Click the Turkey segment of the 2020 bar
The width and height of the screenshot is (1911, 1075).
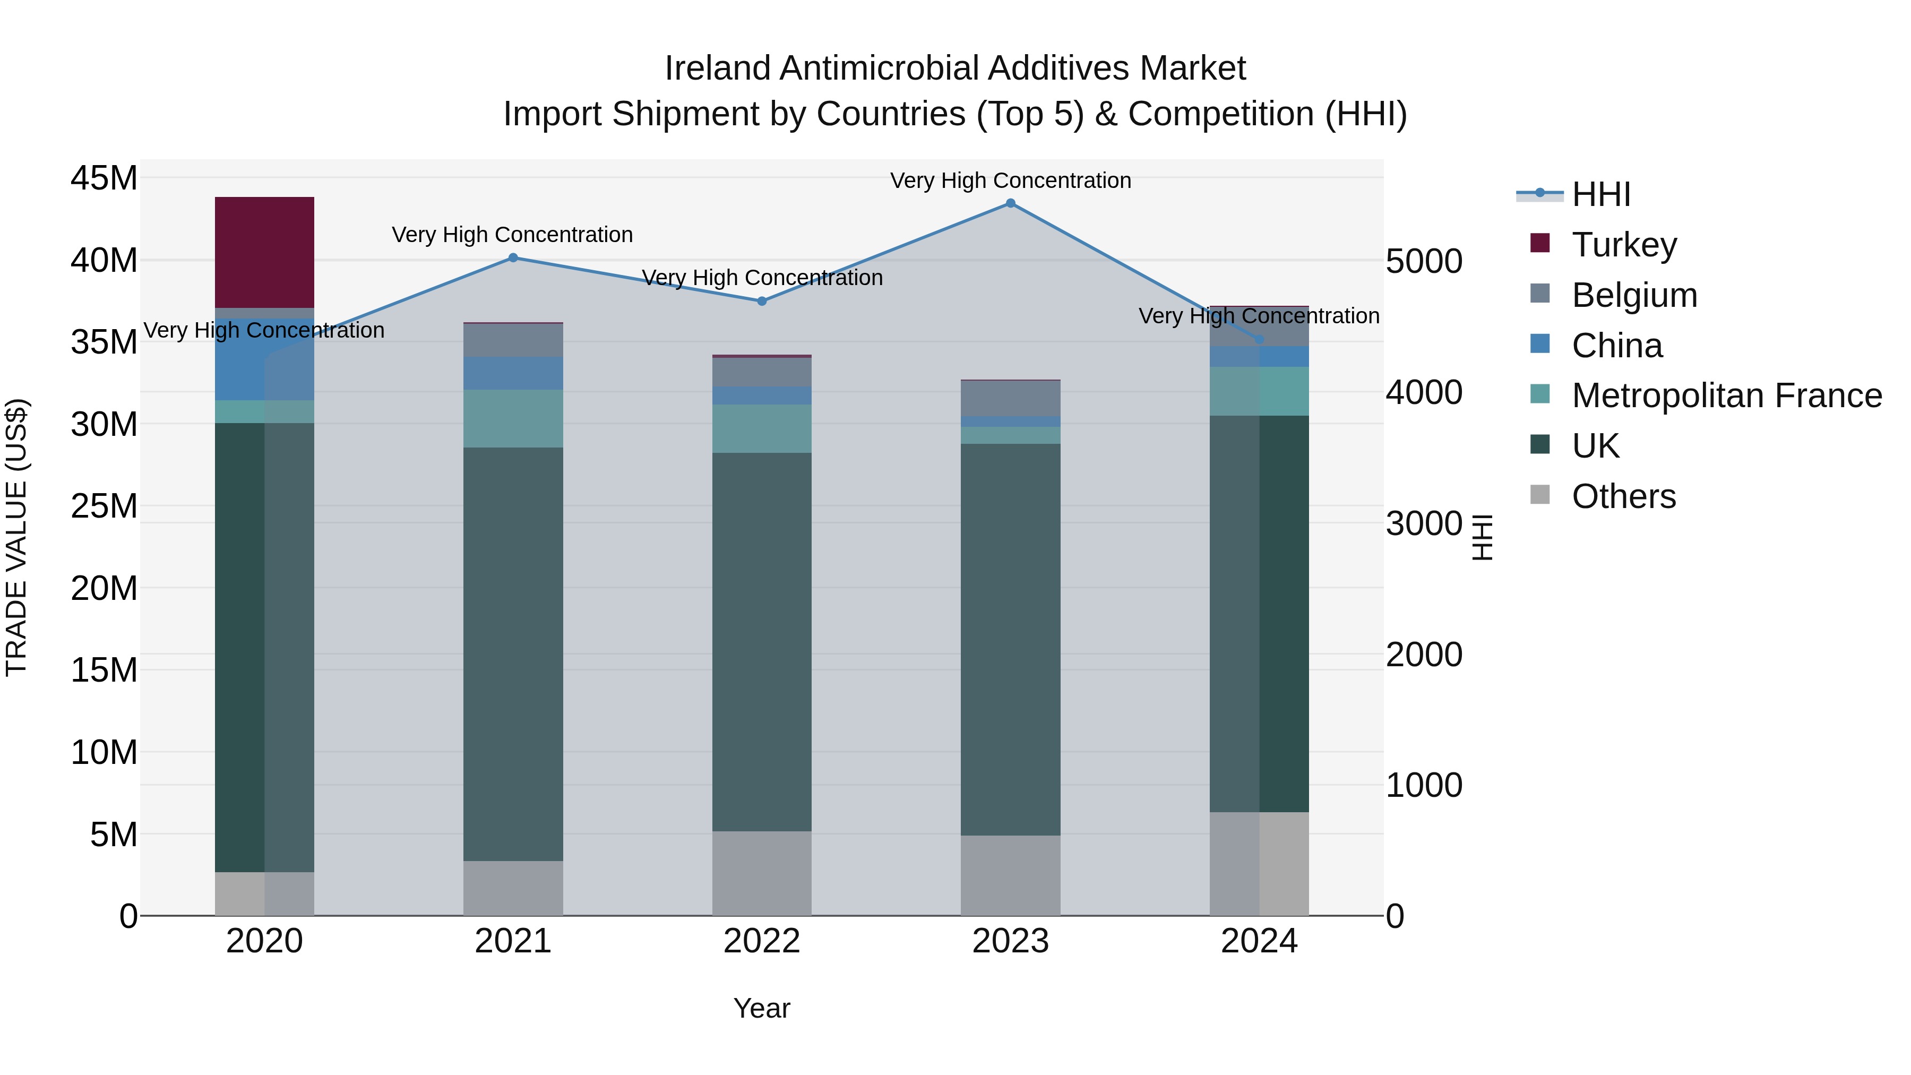pos(264,252)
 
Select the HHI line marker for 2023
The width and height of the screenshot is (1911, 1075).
pos(1010,203)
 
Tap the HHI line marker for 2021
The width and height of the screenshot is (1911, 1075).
pos(513,257)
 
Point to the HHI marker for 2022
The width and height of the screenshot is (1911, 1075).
pos(762,301)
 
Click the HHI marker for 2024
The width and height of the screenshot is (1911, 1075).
pos(1259,339)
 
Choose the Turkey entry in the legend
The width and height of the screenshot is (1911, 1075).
pos(1623,245)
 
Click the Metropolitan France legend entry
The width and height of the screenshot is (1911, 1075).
pos(1726,395)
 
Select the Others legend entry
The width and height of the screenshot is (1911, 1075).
pos(1623,496)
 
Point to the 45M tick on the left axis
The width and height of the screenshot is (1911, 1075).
pos(104,179)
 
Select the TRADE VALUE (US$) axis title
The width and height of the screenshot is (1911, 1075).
pos(16,537)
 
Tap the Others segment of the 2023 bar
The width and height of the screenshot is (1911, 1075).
pos(1010,875)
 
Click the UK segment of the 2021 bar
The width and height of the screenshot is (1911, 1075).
pos(513,653)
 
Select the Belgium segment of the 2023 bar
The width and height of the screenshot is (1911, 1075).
pos(1010,398)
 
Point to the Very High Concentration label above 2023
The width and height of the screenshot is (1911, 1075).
pos(1010,180)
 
